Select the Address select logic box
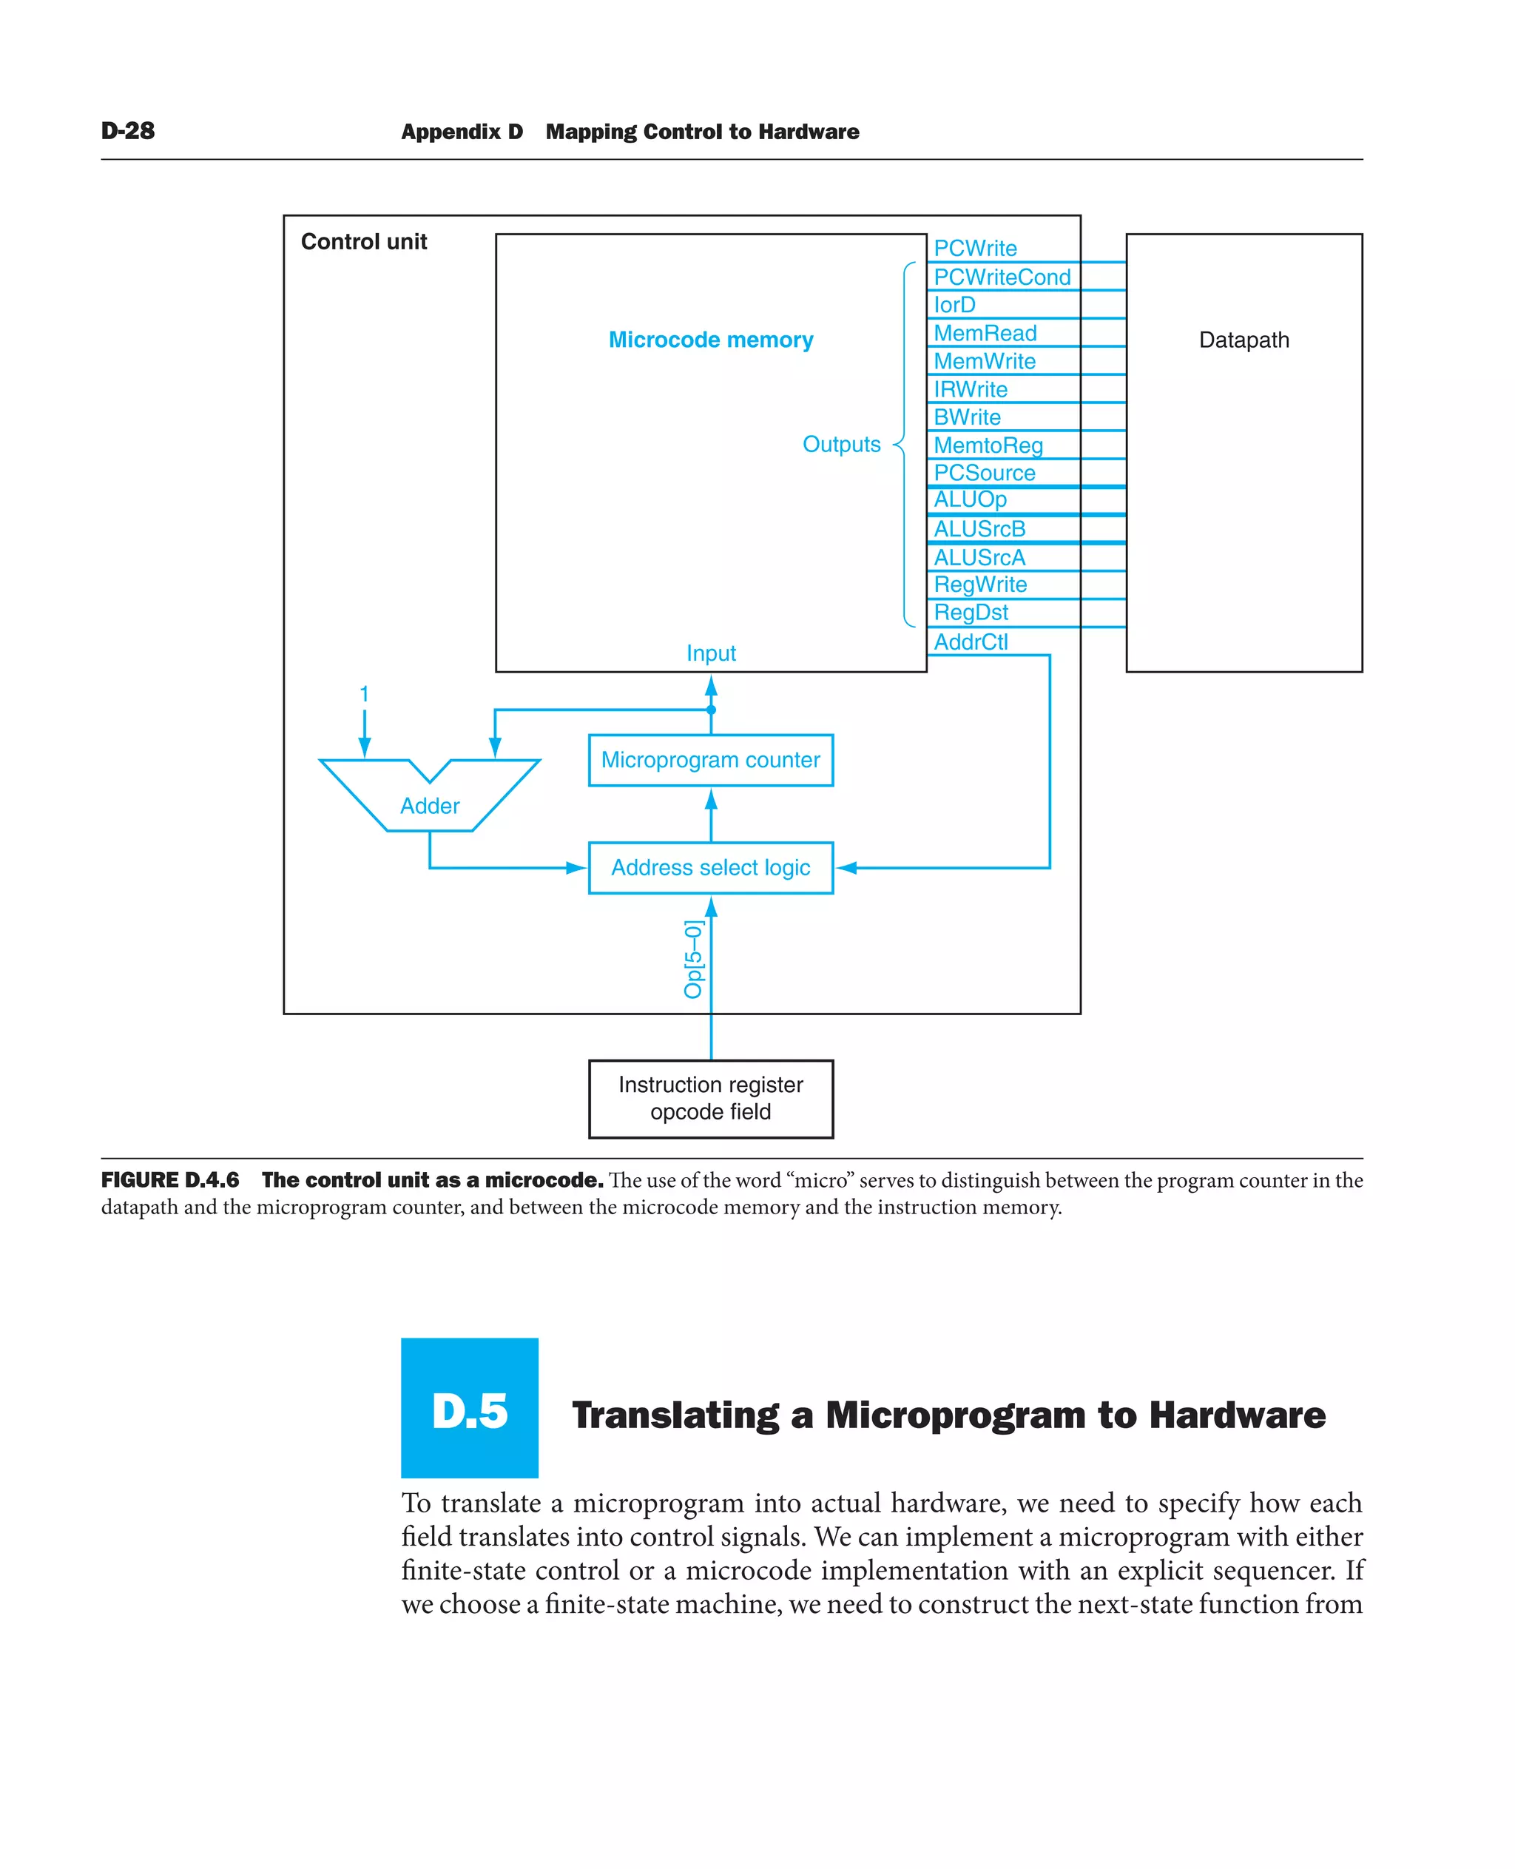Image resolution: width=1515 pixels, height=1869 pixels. [x=710, y=867]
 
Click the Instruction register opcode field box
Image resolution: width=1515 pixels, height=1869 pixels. [x=710, y=1098]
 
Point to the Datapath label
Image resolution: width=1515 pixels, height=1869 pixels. [x=1243, y=340]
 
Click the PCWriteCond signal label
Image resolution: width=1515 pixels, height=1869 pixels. [x=1001, y=277]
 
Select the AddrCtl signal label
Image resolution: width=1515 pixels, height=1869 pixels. [x=971, y=641]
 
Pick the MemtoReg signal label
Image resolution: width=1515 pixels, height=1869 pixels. [x=988, y=445]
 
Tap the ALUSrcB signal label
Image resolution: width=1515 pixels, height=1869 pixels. [x=979, y=529]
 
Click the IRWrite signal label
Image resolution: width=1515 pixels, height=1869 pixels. [x=970, y=389]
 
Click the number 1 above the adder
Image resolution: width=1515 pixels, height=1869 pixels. [x=364, y=694]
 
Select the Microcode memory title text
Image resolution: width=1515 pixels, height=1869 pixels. [x=710, y=340]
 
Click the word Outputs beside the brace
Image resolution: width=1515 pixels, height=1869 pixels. [x=841, y=445]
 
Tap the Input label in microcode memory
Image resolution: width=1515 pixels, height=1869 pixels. [x=710, y=653]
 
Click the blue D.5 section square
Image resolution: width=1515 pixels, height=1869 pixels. [x=470, y=1407]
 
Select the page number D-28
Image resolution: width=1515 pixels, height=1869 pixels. [x=127, y=131]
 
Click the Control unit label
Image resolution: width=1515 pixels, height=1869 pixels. [x=364, y=242]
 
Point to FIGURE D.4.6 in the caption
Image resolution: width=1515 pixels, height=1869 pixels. [x=170, y=1180]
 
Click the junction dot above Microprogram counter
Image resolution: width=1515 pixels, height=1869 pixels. [x=711, y=710]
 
